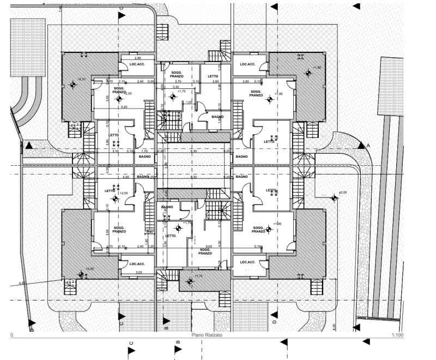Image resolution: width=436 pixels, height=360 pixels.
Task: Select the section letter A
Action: click(368, 146)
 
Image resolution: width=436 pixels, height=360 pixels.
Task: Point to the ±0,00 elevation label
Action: click(343, 193)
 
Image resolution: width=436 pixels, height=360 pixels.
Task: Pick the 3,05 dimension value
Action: click(138, 271)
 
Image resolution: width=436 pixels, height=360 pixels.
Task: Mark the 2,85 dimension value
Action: click(138, 58)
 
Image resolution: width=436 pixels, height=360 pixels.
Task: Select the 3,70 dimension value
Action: click(177, 81)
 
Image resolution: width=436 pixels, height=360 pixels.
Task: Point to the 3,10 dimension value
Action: click(115, 151)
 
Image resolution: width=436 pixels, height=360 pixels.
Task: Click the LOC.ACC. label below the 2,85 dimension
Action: click(136, 64)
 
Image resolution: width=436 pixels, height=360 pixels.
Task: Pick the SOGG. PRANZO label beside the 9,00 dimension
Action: click(205, 251)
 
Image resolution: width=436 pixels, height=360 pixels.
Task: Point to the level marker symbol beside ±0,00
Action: click(333, 199)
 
